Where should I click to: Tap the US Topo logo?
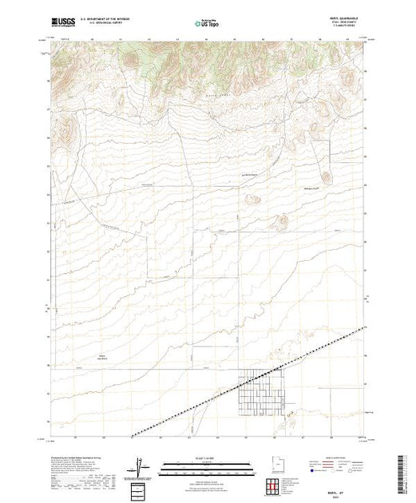[x=208, y=22]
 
